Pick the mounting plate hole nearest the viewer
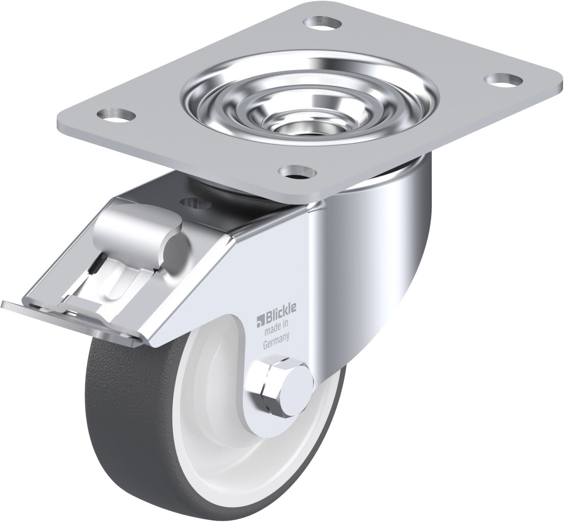298,171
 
